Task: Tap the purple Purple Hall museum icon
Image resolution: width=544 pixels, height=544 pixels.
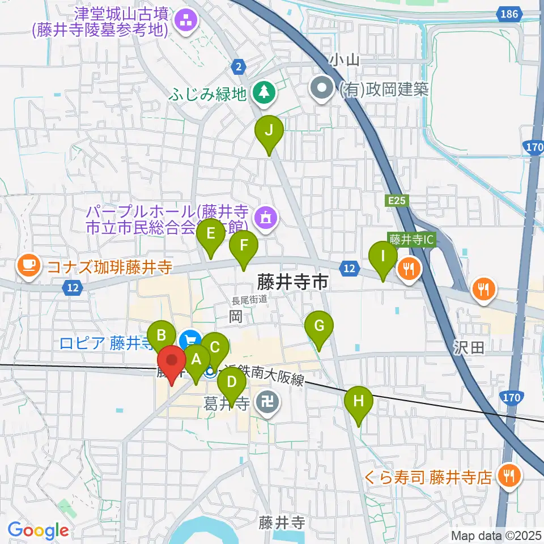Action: click(265, 217)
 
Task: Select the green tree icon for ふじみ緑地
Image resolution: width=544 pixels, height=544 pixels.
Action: click(263, 92)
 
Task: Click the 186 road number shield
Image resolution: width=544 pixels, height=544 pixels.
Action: click(509, 13)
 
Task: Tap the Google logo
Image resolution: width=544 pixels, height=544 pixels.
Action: click(38, 530)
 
